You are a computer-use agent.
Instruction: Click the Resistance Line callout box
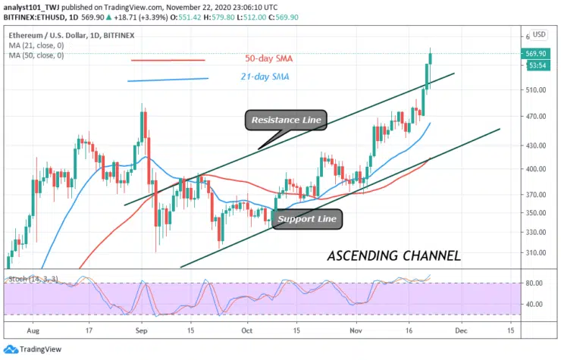pos(287,120)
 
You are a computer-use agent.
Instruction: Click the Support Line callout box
pos(306,220)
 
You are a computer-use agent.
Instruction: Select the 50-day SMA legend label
pos(268,58)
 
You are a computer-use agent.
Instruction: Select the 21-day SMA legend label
pos(266,77)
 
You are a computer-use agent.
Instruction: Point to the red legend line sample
pos(168,60)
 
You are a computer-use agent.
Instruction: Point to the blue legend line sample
pos(168,79)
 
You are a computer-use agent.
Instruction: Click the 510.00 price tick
pos(536,89)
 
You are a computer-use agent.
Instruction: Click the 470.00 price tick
pos(536,117)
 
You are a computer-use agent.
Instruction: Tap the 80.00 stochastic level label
pos(536,283)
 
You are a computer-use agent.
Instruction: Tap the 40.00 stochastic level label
pos(536,304)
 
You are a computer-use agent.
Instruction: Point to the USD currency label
pos(539,34)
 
